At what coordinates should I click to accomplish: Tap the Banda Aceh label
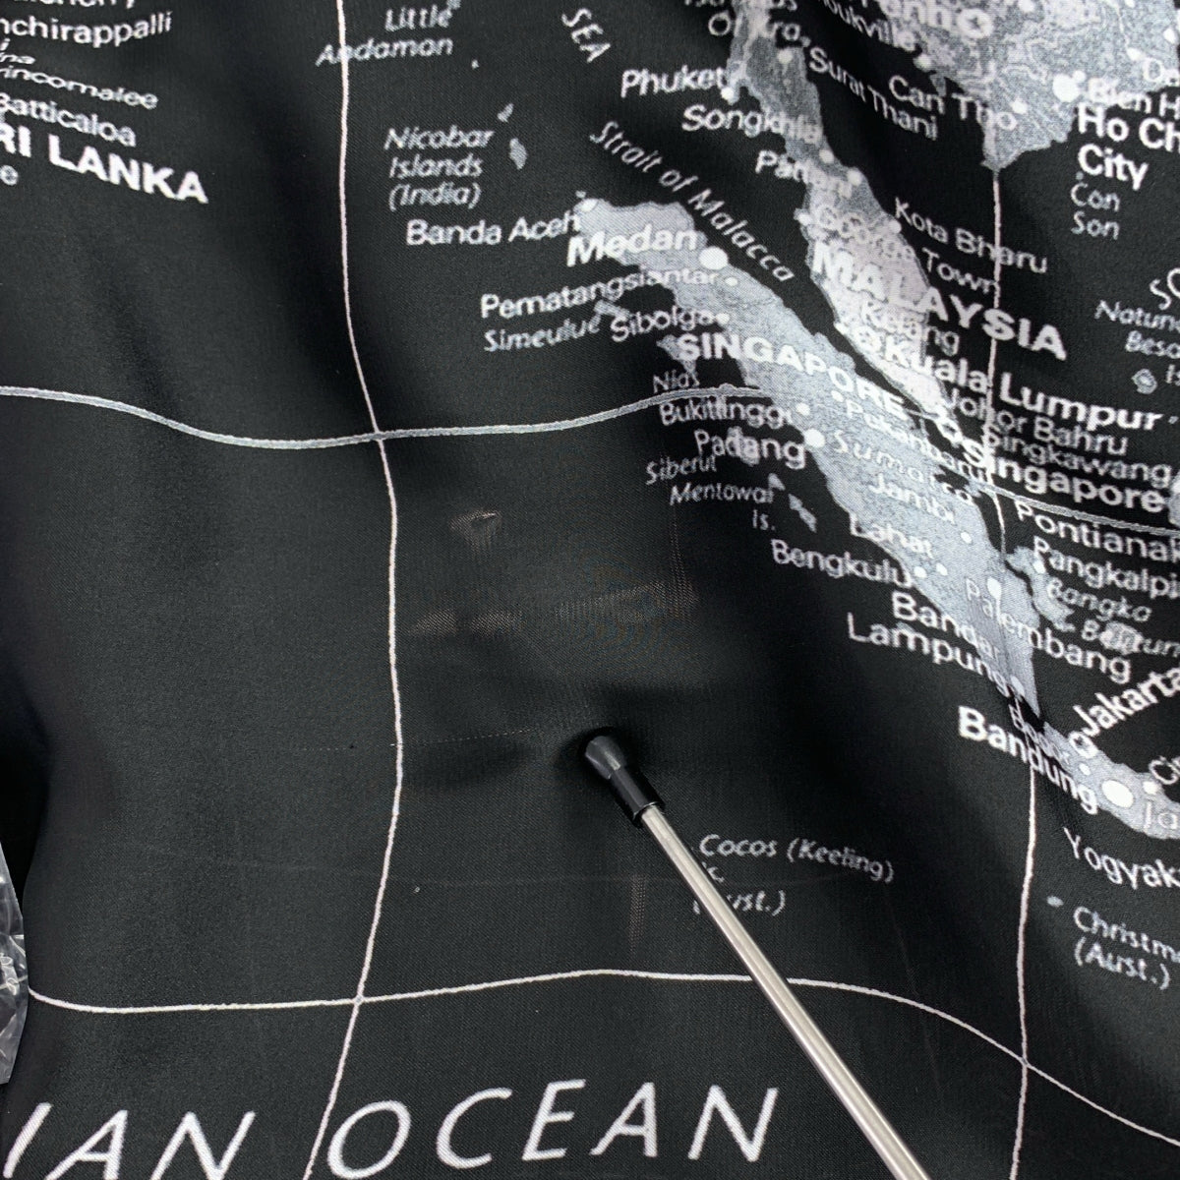pyautogui.click(x=476, y=232)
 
